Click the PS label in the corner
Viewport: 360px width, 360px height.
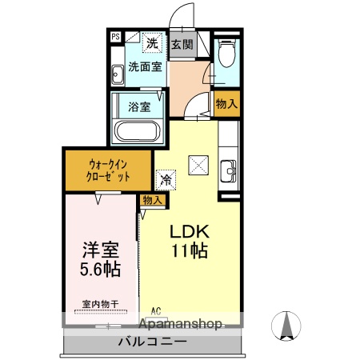point(115,37)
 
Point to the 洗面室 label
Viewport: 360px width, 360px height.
point(146,66)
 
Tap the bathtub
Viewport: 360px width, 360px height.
point(139,131)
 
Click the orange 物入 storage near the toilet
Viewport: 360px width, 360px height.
point(226,103)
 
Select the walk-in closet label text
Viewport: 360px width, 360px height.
point(109,170)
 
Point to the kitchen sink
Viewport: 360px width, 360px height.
point(227,170)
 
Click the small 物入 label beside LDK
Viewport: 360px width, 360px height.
point(152,200)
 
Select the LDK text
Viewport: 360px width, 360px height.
point(188,230)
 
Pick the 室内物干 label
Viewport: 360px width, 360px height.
point(100,304)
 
